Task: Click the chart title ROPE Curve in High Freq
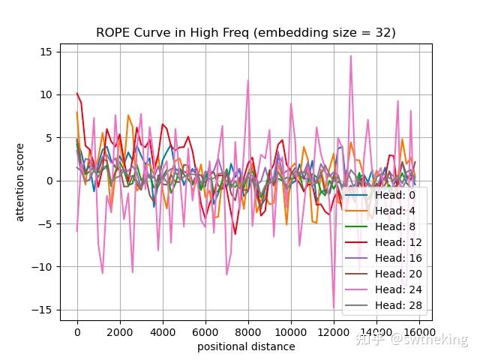(x=245, y=33)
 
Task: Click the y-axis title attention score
(x=20, y=181)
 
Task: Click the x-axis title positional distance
(x=246, y=346)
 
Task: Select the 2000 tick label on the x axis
(x=120, y=332)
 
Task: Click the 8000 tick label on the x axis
(x=248, y=332)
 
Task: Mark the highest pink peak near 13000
(x=350, y=56)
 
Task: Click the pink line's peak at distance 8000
(x=248, y=80)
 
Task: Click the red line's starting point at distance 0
(x=76, y=93)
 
